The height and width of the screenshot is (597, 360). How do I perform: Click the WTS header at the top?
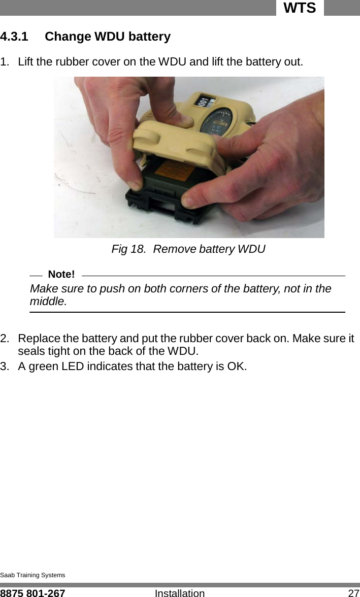(300, 8)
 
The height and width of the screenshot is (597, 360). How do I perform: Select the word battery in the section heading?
(149, 37)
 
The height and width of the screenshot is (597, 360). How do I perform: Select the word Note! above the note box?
(61, 275)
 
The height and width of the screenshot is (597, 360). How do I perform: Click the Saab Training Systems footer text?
(32, 575)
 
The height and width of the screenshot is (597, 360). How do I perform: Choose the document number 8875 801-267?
(32, 592)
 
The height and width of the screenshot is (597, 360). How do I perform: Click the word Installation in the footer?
(179, 592)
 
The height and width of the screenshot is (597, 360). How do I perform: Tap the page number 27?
(353, 592)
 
